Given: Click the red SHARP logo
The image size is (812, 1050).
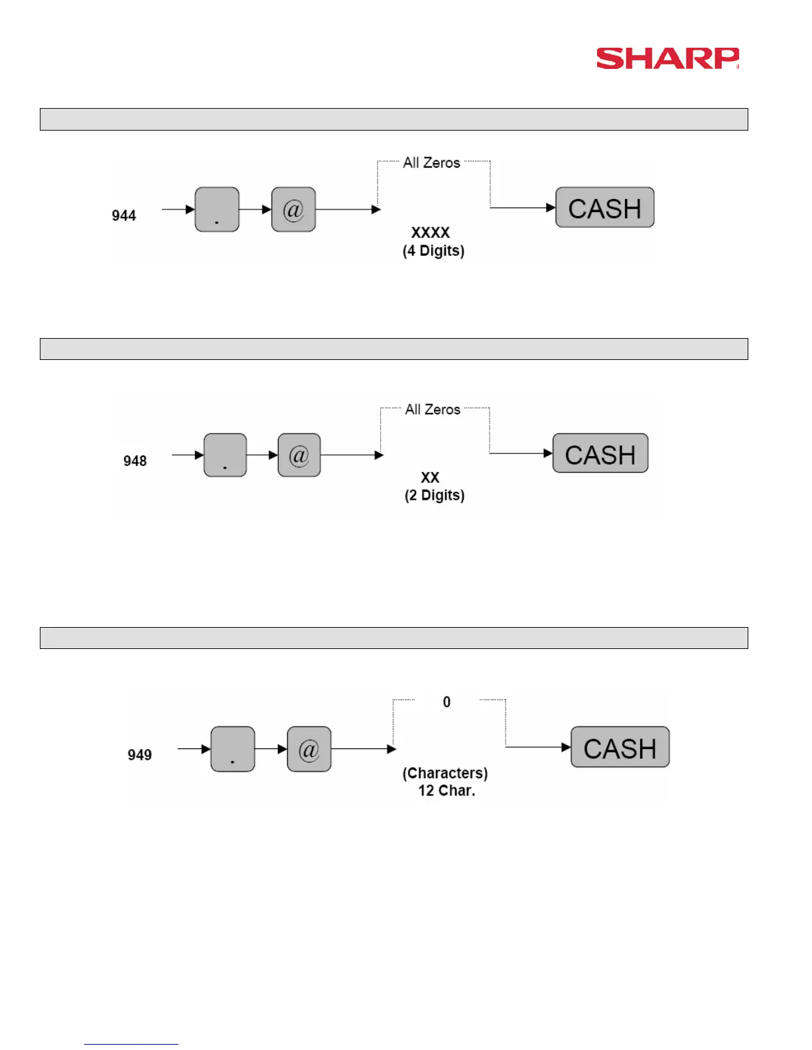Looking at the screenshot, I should pos(667,58).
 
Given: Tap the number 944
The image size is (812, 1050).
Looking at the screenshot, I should pos(123,215).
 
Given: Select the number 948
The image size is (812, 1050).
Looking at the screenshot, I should pos(135,461).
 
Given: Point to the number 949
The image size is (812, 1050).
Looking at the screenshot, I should pos(139,754).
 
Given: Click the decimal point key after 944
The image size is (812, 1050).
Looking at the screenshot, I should pos(217,209).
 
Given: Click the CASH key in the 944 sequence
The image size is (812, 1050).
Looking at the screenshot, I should pos(604,207).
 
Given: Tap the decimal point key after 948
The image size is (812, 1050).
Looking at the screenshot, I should pos(225,455).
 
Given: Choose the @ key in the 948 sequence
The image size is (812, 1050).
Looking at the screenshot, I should pos(299,455).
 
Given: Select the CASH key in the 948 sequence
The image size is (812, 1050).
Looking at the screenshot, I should pos(600,453).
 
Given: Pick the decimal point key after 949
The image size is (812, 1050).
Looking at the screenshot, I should pos(232,749).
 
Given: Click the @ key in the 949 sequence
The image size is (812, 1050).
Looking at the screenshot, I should pos(309,749).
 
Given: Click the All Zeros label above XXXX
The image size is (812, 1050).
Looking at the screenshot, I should pos(431,162).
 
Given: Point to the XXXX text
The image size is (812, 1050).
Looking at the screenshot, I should pos(431,233).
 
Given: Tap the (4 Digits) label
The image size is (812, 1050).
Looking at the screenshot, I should pos(433,251).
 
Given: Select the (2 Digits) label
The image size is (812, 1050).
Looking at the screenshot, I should pos(435,495).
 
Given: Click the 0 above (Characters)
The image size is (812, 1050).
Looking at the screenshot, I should pos(446,702).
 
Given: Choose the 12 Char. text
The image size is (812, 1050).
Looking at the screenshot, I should pos(446,790).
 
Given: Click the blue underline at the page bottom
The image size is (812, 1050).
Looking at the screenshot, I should pos(131,1044).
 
